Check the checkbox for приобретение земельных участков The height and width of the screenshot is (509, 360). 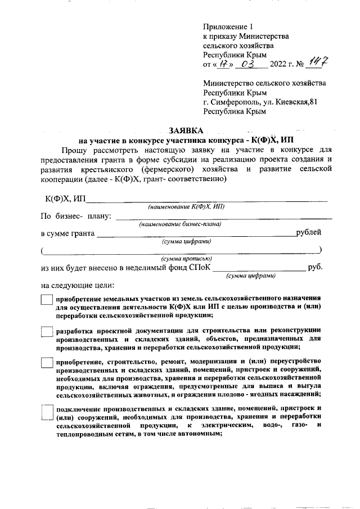(x=47, y=301)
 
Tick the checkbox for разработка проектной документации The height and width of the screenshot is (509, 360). (x=47, y=332)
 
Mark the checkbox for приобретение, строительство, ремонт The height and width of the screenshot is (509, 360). (x=47, y=364)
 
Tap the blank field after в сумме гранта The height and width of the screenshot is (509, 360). (x=197, y=235)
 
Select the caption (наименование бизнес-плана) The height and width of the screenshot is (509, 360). (x=180, y=224)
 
